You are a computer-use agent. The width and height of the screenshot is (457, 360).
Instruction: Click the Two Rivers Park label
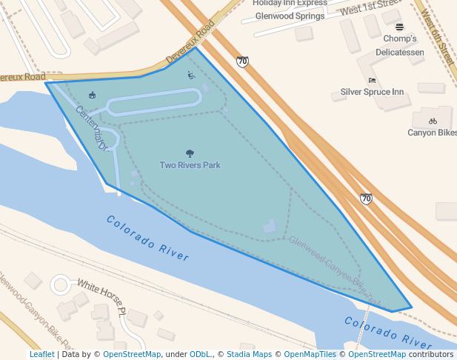(x=190, y=165)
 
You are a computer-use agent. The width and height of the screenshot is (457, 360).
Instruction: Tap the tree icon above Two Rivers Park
(x=190, y=154)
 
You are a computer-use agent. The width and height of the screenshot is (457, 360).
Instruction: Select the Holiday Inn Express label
(x=290, y=3)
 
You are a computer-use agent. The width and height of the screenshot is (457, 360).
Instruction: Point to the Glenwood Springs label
(x=290, y=16)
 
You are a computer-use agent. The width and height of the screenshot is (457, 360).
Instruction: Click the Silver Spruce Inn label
(x=372, y=92)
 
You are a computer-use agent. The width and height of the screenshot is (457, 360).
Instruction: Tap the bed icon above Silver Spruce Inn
(x=372, y=80)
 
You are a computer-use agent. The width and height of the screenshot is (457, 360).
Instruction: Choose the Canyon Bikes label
(x=433, y=133)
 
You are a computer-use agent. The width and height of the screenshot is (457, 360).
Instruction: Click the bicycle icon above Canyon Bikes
(x=433, y=121)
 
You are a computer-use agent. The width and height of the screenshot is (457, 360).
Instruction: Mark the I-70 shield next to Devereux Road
(x=242, y=61)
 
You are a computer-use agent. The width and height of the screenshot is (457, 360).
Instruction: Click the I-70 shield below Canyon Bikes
(x=366, y=199)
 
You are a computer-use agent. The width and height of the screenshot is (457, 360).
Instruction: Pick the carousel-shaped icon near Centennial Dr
(x=92, y=95)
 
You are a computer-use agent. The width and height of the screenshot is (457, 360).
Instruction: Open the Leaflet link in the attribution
(x=42, y=354)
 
